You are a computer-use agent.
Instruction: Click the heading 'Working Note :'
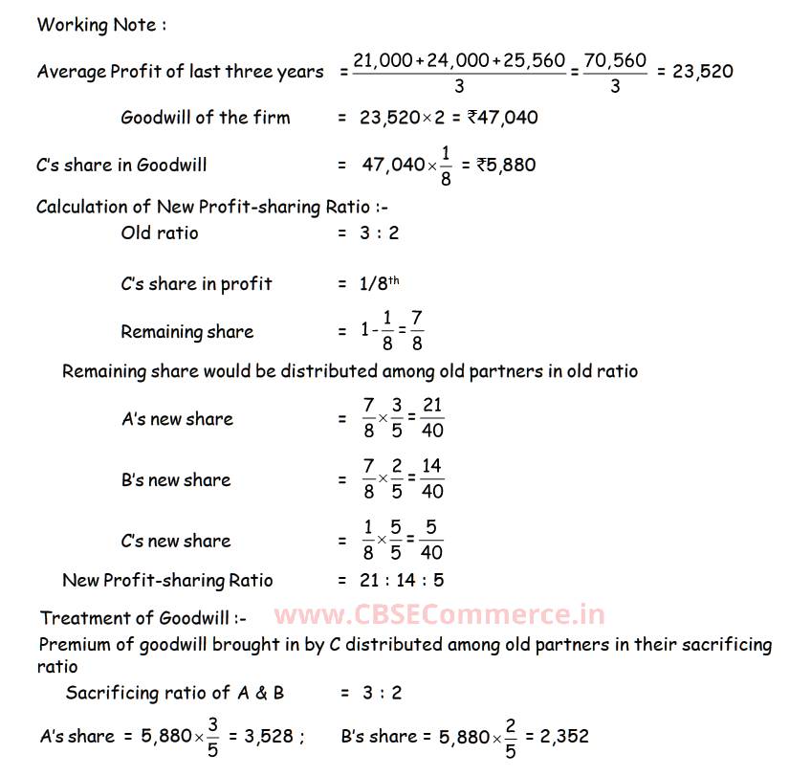(x=101, y=25)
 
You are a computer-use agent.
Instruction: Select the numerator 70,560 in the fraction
(x=614, y=61)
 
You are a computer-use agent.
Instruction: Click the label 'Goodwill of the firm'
(x=206, y=118)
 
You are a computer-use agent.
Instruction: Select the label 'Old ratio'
(x=160, y=233)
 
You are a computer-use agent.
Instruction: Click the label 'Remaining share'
(x=187, y=332)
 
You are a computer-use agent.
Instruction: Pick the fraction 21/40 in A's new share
(x=432, y=418)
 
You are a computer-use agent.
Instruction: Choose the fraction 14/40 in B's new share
(x=432, y=479)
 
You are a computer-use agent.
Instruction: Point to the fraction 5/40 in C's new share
(x=432, y=541)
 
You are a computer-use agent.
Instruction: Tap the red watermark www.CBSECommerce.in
(x=440, y=617)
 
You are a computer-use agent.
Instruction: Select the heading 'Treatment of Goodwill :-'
(x=143, y=617)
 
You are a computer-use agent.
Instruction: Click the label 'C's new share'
(x=176, y=541)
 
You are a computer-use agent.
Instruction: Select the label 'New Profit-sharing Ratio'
(x=167, y=580)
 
